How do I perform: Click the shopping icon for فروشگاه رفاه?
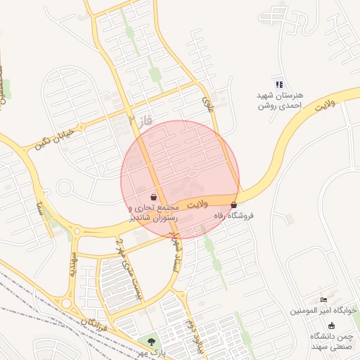click(234, 205)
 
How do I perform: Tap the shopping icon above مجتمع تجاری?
click(154, 197)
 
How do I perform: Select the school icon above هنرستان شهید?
click(280, 84)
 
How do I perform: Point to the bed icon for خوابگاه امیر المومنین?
click(323, 300)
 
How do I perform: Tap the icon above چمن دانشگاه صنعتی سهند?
click(331, 325)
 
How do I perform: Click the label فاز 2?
click(141, 120)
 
